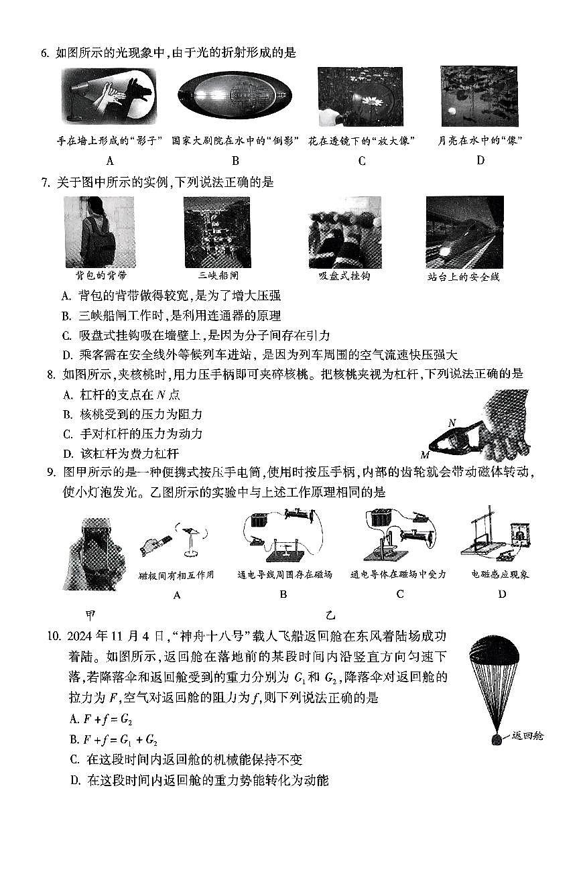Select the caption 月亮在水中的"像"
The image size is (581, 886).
[480, 141]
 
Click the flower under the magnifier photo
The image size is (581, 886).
[360, 97]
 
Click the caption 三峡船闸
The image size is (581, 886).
[216, 275]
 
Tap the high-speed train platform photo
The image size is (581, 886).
[464, 232]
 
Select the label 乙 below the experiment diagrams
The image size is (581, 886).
[330, 615]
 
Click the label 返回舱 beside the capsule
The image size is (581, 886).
[527, 736]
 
